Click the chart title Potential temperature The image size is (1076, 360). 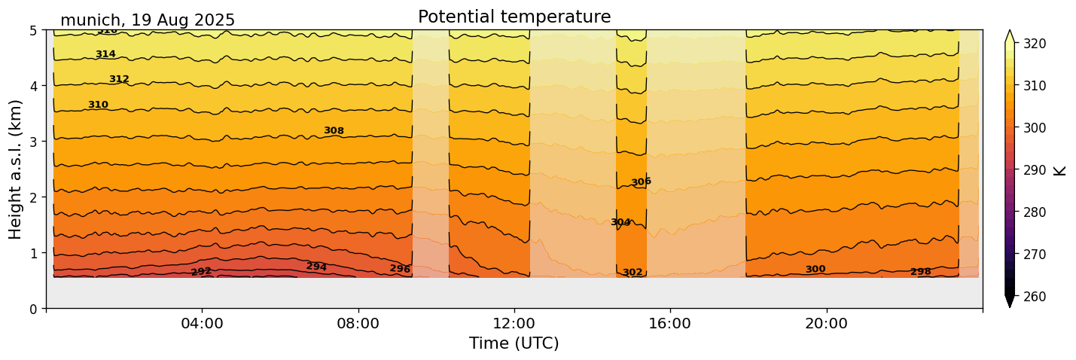514,17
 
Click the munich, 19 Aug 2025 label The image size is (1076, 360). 148,20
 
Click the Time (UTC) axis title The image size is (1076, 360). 514,343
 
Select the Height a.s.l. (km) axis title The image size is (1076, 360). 16,169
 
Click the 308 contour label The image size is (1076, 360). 334,131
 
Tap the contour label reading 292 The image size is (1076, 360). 201,272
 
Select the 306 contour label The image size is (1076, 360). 641,182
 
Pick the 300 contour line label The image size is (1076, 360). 815,270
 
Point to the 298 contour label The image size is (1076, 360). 921,272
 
